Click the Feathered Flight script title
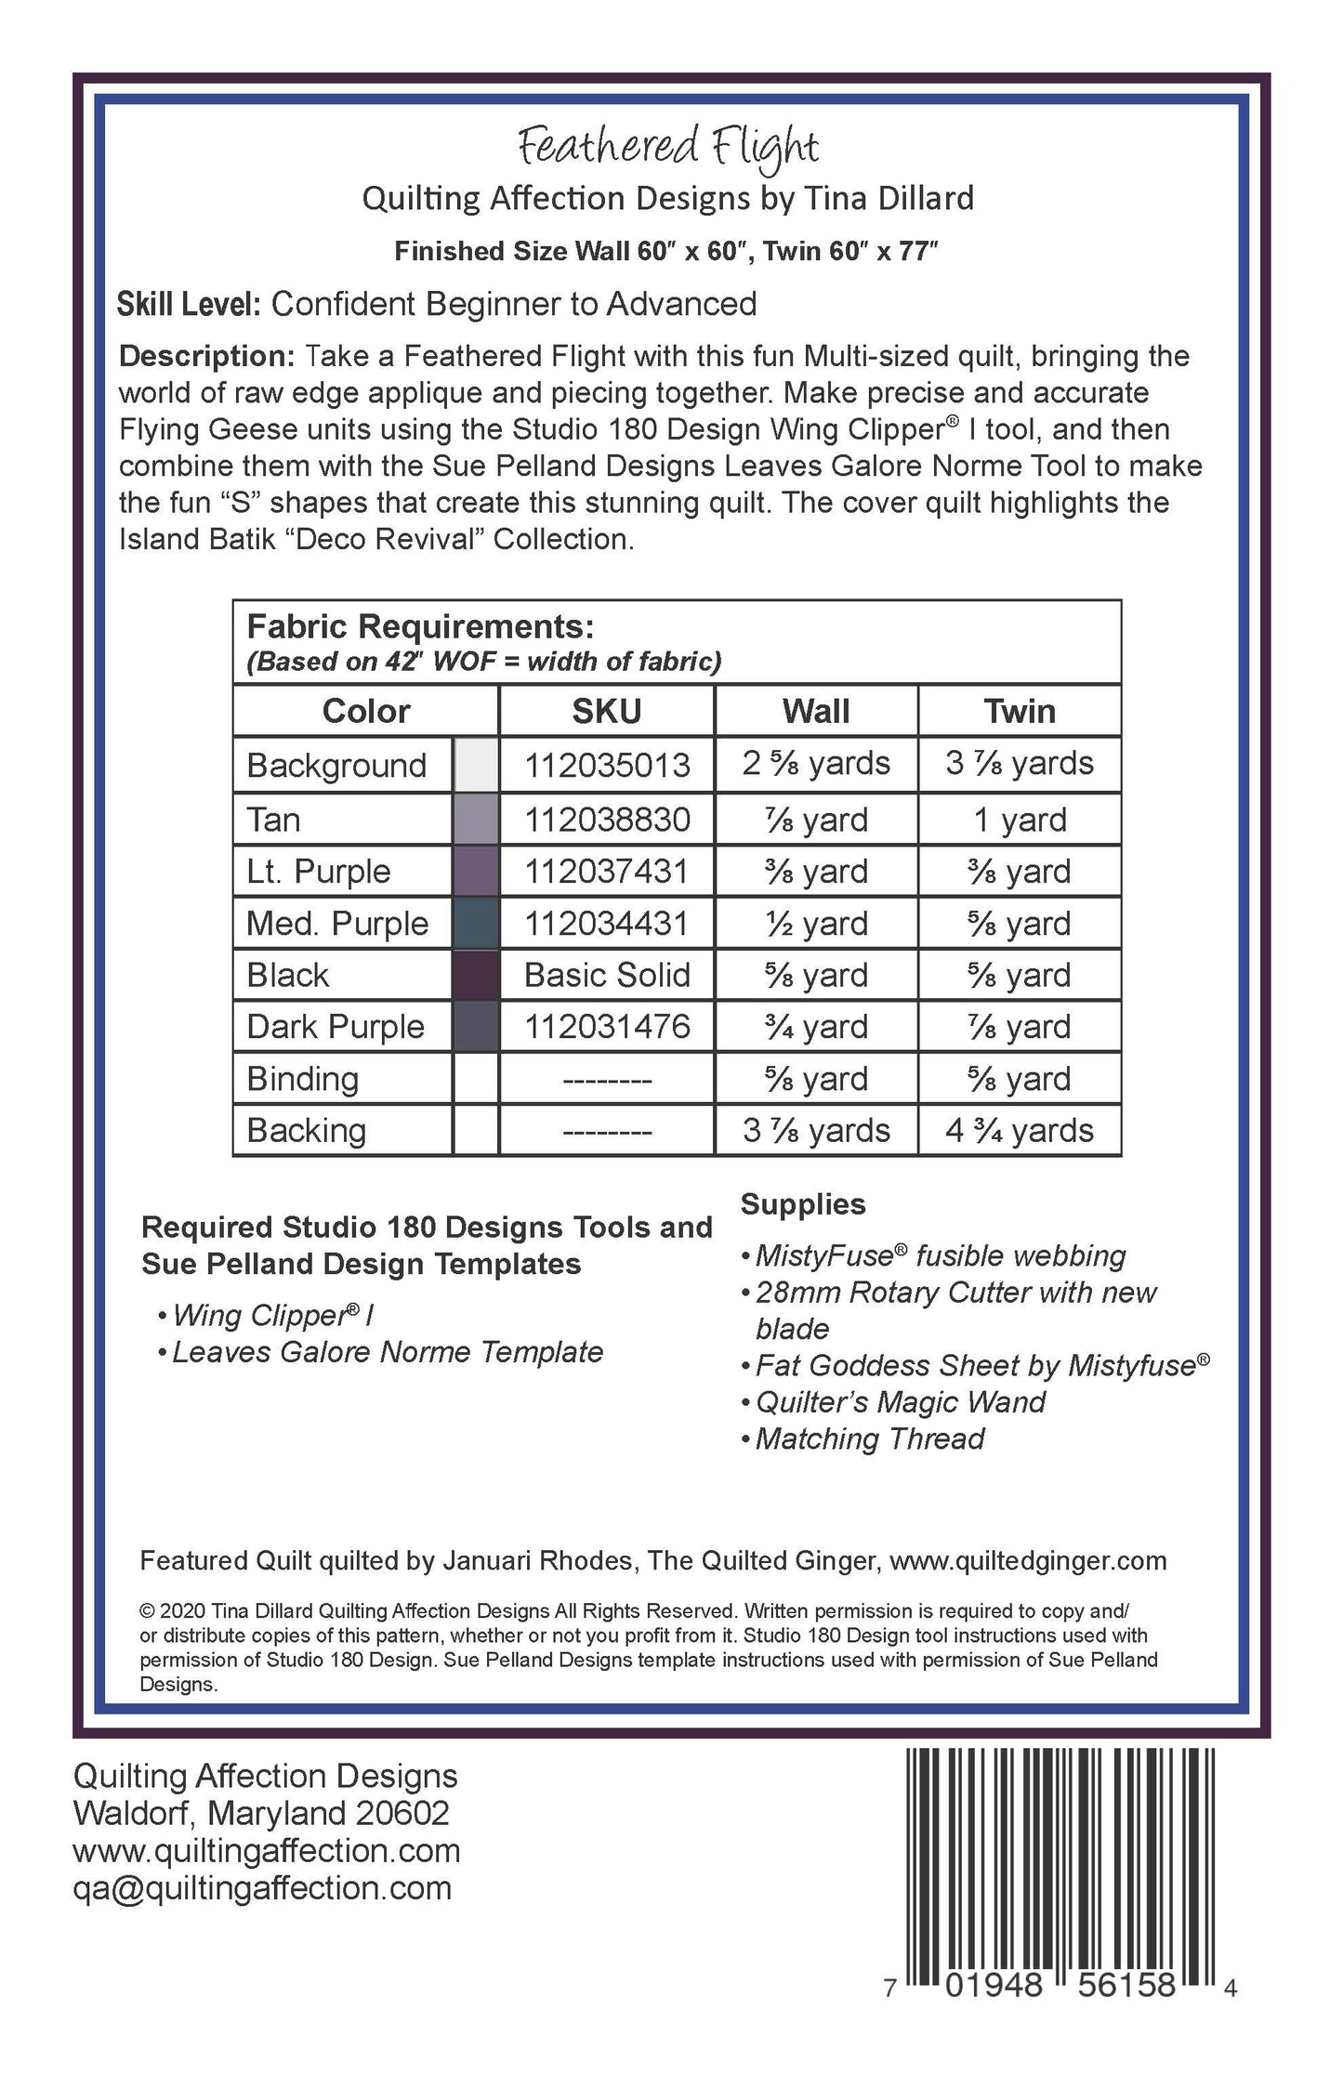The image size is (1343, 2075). (668, 147)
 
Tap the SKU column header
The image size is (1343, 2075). (606, 711)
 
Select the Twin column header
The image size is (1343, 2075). (1020, 711)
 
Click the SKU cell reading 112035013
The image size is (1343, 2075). (607, 765)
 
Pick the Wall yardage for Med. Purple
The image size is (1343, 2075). (816, 924)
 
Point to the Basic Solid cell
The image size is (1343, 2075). (607, 975)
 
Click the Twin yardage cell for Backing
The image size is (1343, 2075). (1020, 1130)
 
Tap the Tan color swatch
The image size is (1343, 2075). (476, 819)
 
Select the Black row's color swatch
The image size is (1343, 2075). (476, 975)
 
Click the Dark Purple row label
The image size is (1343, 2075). (336, 1027)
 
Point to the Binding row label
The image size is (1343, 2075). (303, 1079)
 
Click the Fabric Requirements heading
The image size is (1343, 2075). (420, 627)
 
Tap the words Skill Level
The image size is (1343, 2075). (189, 304)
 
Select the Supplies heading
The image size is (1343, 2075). (803, 1204)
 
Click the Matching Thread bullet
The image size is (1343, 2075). (869, 1438)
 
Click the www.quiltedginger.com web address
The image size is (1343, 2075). (1028, 1560)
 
